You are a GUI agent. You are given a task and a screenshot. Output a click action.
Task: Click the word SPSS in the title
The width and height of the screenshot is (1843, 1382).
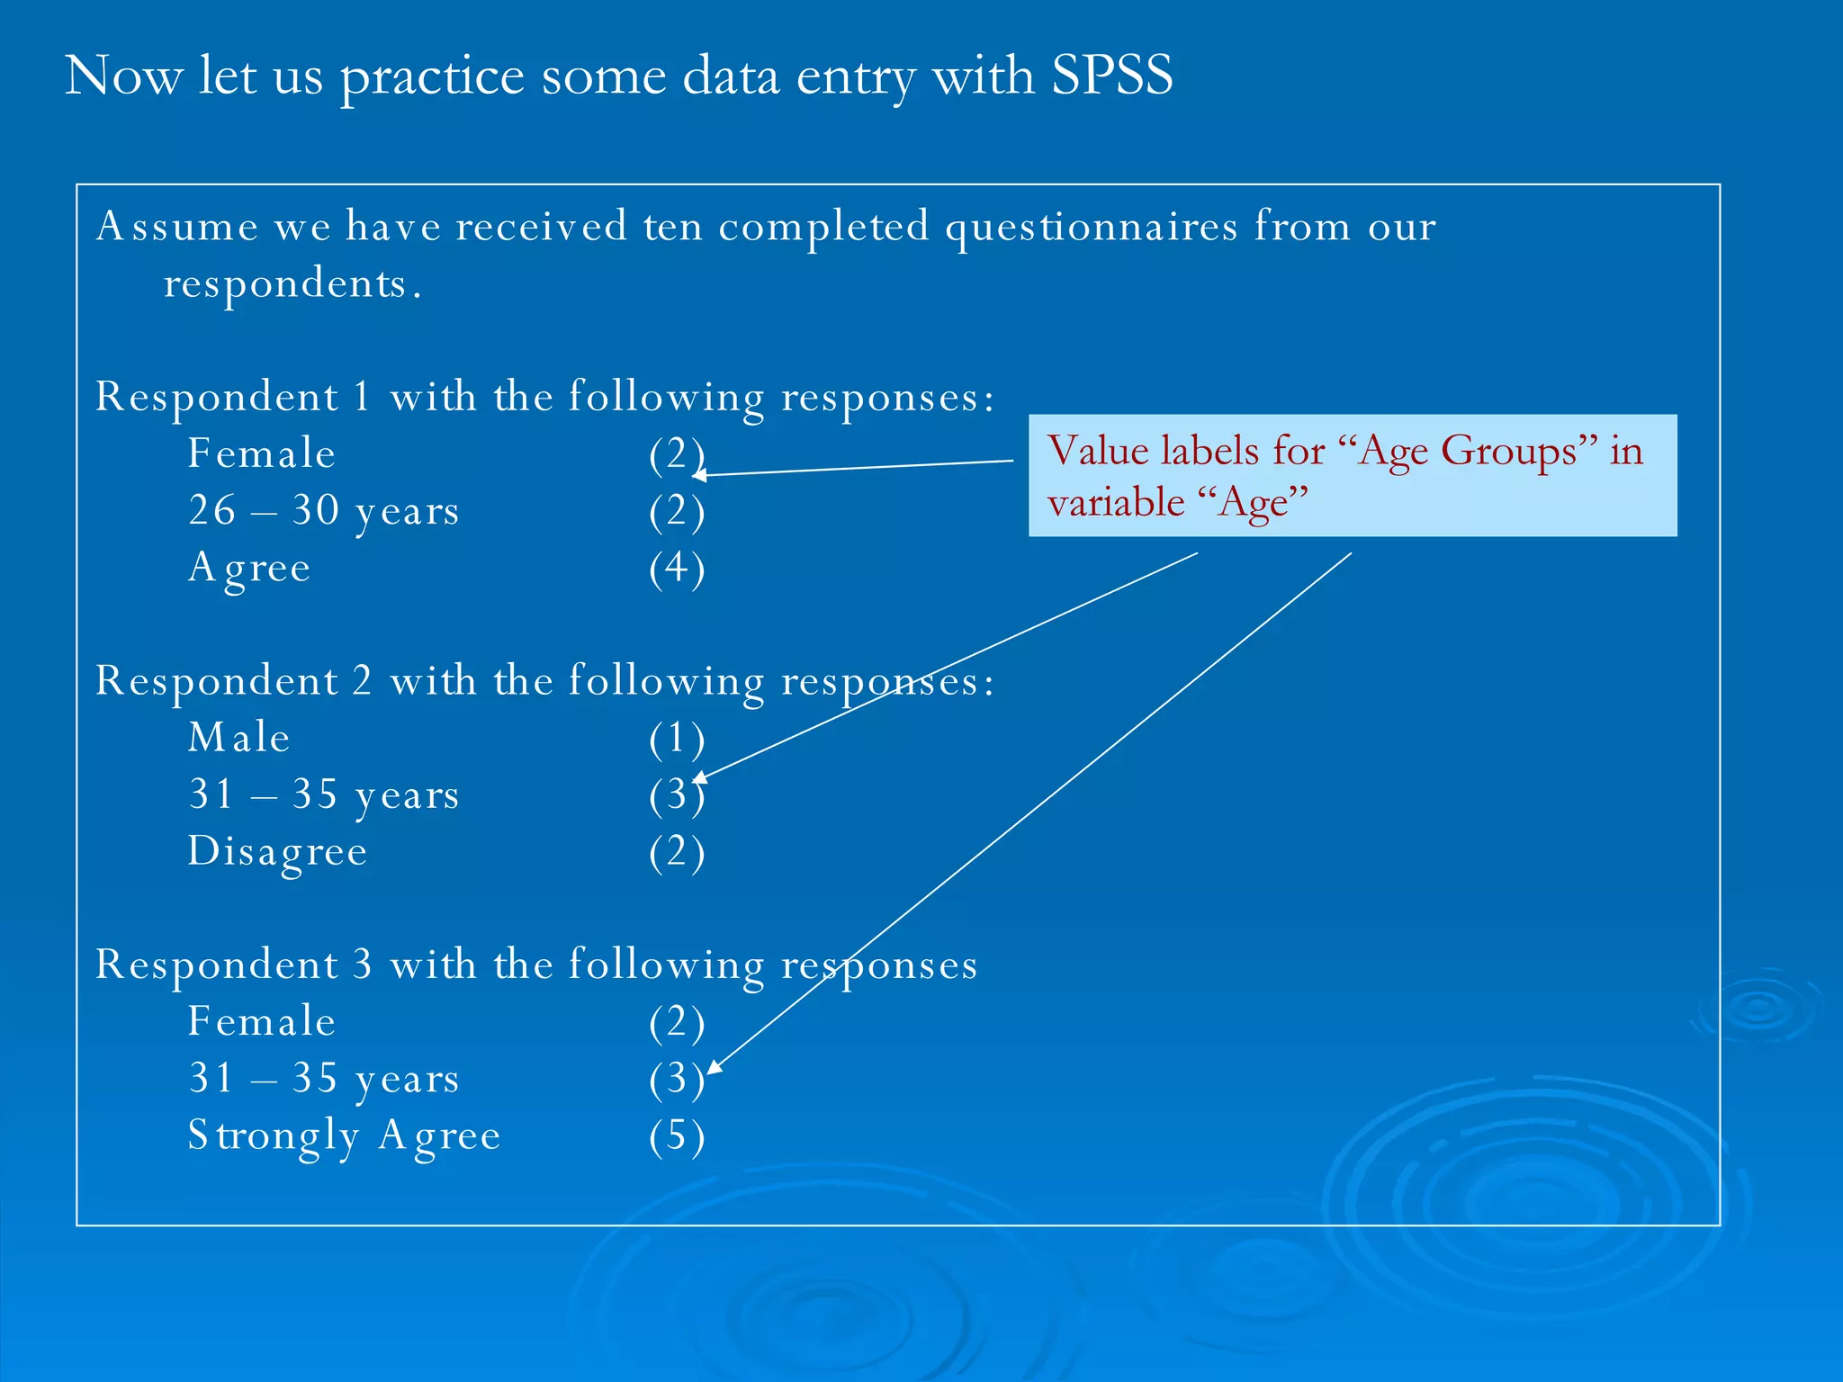click(x=1111, y=75)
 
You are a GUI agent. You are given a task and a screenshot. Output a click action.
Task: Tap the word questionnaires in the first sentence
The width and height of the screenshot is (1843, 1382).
click(x=1091, y=226)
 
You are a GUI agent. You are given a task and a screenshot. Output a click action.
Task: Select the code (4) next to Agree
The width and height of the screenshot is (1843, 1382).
click(x=677, y=568)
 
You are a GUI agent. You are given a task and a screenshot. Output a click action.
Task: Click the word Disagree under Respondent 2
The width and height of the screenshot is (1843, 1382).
click(x=277, y=851)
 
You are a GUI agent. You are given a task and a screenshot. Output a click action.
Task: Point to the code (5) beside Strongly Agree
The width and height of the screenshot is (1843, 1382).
click(x=677, y=1135)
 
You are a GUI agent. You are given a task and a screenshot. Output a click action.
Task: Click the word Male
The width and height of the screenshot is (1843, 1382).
click(x=238, y=738)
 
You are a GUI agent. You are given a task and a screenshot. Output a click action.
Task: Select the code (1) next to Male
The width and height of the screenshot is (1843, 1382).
click(x=677, y=738)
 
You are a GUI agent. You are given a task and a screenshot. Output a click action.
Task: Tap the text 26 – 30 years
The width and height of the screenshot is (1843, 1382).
click(x=323, y=510)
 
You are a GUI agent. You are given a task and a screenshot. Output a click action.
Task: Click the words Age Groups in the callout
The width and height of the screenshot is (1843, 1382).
click(x=1467, y=450)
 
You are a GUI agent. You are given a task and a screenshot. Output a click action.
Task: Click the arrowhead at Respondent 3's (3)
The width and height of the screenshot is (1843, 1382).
click(x=713, y=1067)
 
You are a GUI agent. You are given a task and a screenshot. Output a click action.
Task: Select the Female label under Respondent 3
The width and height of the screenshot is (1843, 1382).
click(x=261, y=1021)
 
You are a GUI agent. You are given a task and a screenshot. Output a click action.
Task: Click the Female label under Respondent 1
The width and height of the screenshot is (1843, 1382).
click(x=261, y=453)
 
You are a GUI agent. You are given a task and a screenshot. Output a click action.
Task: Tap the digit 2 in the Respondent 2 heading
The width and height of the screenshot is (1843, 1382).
click(x=362, y=680)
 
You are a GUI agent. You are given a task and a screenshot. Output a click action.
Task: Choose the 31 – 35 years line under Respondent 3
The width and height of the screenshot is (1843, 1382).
click(x=323, y=1078)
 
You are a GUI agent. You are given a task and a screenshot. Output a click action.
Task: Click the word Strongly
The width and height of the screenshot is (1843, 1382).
click(x=273, y=1135)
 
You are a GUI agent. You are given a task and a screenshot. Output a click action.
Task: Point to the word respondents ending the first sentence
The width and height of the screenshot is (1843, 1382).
click(x=285, y=283)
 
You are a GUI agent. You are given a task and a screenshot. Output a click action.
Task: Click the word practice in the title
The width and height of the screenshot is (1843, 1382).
click(x=432, y=75)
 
